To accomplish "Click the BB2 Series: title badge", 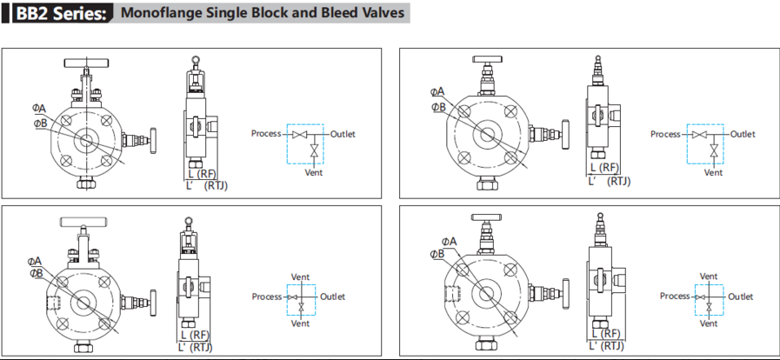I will click(x=58, y=14).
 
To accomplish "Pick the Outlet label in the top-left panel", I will click(x=343, y=134).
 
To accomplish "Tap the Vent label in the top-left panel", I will click(x=314, y=172).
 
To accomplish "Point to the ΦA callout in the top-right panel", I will click(x=437, y=91).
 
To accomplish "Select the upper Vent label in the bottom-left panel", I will click(x=300, y=277).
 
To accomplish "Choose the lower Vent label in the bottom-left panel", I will click(x=300, y=323).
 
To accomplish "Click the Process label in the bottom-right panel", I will click(x=675, y=297).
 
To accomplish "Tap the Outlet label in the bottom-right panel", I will click(x=741, y=297).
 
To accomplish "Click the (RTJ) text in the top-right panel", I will click(x=619, y=181).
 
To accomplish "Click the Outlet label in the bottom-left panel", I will click(x=332, y=297).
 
